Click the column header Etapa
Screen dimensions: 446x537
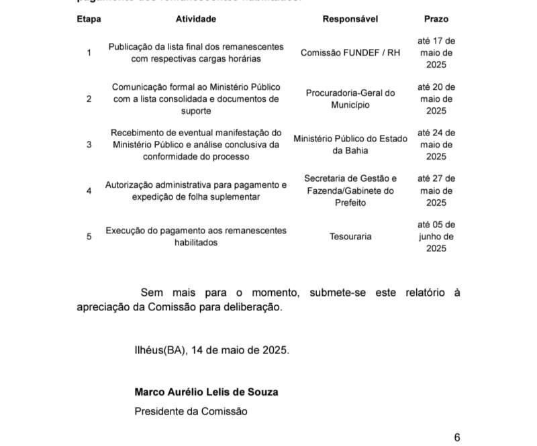[89, 19]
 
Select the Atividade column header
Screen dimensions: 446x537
[196, 19]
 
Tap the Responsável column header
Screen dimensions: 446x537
[350, 19]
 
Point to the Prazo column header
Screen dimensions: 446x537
[436, 19]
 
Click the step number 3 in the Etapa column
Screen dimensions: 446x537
[89, 144]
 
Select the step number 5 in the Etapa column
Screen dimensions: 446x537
[89, 236]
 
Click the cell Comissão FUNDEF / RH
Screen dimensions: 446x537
[350, 52]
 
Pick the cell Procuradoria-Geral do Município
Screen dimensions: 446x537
[350, 99]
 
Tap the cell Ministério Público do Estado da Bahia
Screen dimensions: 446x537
[350, 144]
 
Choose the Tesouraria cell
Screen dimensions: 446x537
[350, 236]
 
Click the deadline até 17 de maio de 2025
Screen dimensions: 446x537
[436, 52]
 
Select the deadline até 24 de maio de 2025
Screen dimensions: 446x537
[436, 144]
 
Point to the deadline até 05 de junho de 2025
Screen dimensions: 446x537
[436, 236]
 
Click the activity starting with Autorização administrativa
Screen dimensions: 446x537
[196, 190]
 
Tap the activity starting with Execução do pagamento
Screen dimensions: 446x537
[196, 236]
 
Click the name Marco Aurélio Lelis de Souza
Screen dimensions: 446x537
[206, 392]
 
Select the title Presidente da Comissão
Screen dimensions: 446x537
[191, 411]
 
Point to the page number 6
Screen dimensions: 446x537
[457, 437]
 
